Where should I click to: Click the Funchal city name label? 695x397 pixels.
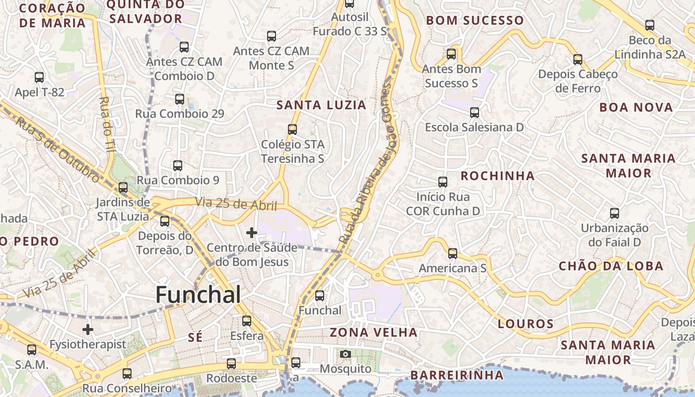pyautogui.click(x=199, y=295)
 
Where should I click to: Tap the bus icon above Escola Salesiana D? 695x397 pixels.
pyautogui.click(x=475, y=113)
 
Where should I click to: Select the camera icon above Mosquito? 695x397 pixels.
pyautogui.click(x=346, y=354)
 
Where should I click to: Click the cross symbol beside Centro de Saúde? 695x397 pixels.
pyautogui.click(x=252, y=232)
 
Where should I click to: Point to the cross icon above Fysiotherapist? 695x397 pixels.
pyautogui.click(x=88, y=329)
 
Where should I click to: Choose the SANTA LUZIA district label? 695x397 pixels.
pyautogui.click(x=321, y=105)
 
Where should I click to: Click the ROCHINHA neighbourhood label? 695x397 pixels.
pyautogui.click(x=497, y=176)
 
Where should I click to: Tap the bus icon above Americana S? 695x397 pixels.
pyautogui.click(x=452, y=254)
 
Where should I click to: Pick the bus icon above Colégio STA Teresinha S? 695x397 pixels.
pyautogui.click(x=292, y=130)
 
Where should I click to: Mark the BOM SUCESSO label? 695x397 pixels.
pyautogui.click(x=475, y=21)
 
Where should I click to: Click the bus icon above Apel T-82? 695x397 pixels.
pyautogui.click(x=39, y=77)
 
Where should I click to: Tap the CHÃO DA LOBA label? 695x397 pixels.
pyautogui.click(x=611, y=266)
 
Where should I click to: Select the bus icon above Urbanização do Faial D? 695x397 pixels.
pyautogui.click(x=615, y=213)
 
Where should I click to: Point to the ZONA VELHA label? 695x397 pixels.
pyautogui.click(x=374, y=332)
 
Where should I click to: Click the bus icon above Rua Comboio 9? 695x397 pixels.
pyautogui.click(x=178, y=166)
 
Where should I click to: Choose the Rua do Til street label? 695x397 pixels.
pyautogui.click(x=105, y=124)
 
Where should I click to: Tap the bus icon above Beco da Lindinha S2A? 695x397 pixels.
pyautogui.click(x=649, y=25)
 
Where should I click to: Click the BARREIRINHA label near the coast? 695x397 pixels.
pyautogui.click(x=457, y=375)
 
